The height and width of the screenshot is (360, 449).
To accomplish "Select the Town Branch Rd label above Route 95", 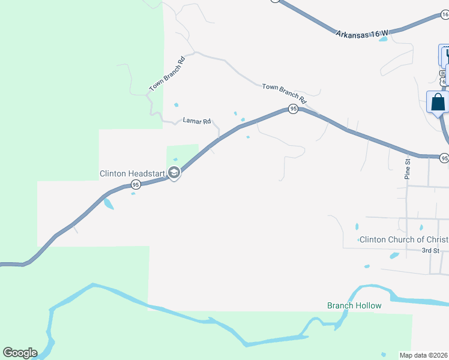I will (x=284, y=92).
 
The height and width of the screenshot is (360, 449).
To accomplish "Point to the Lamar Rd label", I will (x=196, y=121).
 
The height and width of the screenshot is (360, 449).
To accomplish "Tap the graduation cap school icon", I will (x=174, y=174).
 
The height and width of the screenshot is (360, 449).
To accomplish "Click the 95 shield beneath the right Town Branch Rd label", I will (x=293, y=109).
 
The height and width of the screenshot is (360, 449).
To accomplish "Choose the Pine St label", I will (x=407, y=170).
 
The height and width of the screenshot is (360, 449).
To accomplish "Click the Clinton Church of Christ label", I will (x=404, y=239).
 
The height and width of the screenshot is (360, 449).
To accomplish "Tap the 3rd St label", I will (x=430, y=250).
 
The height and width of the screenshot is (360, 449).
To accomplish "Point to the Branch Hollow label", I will (x=354, y=305).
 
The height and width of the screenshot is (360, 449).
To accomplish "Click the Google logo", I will (x=20, y=352).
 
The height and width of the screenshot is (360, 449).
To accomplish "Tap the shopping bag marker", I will (x=438, y=102).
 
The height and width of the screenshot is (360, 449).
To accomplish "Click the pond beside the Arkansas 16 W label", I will (x=383, y=40).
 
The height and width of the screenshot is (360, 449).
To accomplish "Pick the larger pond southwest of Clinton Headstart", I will (x=108, y=203).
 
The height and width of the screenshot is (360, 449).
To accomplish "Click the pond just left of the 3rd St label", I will (x=394, y=256).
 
